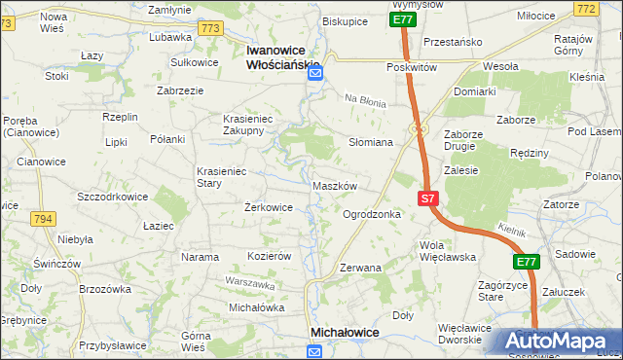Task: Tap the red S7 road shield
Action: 429,198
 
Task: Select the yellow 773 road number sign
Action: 209,29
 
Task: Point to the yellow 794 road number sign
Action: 41,219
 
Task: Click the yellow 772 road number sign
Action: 612,9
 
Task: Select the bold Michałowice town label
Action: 344,333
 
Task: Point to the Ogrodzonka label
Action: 372,214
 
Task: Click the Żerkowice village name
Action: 268,207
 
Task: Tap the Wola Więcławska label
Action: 446,251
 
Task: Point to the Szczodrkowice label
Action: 112,196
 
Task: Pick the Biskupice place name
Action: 345,20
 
